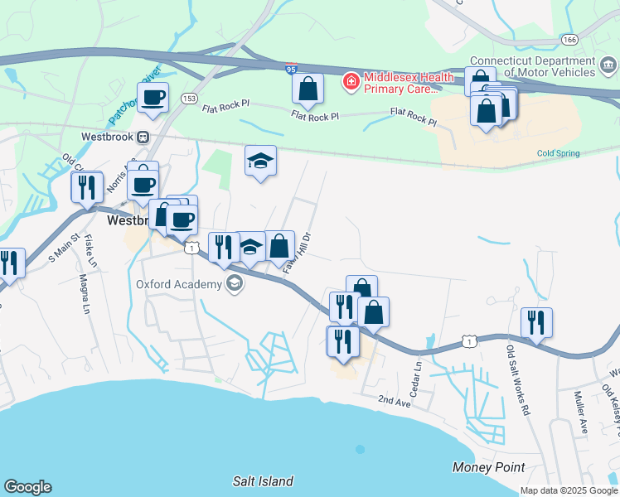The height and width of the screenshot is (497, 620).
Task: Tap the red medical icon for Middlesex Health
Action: point(351,81)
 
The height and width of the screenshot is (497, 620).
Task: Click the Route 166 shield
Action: point(569,39)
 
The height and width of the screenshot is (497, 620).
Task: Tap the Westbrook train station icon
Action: point(143,137)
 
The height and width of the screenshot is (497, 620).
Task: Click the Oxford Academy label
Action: point(179,285)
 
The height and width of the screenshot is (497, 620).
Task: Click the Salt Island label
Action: point(263,481)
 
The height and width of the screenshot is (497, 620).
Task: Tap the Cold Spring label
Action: point(557,153)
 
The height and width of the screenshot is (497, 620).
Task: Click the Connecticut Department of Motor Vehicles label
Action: point(544,66)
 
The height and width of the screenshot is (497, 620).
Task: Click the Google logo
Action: point(27,487)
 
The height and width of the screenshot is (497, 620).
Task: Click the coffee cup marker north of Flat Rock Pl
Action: point(153,99)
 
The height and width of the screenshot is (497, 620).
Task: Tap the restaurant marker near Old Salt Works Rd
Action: point(537,321)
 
